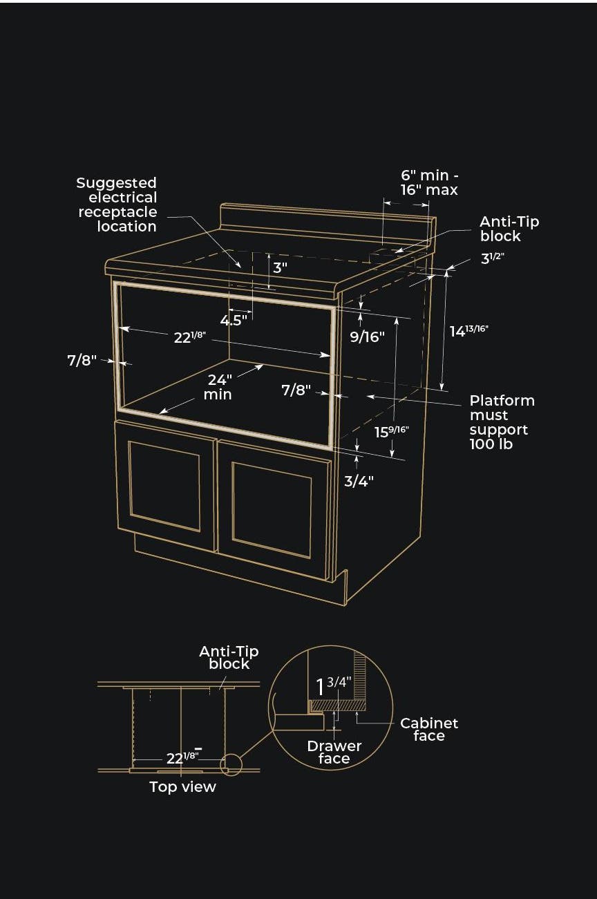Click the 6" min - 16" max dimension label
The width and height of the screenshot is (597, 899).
(429, 182)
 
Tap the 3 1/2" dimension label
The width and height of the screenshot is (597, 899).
(492, 258)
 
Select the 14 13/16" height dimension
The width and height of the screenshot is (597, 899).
(468, 331)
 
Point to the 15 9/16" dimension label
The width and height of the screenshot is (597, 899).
(392, 432)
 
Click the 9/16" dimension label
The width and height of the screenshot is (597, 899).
(367, 337)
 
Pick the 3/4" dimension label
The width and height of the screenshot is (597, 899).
(359, 481)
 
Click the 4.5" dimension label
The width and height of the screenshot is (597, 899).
(234, 320)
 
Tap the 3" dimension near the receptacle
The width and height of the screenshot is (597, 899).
(280, 267)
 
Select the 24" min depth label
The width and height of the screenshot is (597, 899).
(218, 387)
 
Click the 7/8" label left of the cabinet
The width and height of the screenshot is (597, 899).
(82, 361)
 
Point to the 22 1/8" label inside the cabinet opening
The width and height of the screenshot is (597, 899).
(190, 337)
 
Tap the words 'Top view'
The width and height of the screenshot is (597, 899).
(182, 787)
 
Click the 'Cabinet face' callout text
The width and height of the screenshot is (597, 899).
(429, 729)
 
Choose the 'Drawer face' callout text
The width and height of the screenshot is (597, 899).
(334, 753)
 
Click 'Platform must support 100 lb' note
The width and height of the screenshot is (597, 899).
(502, 422)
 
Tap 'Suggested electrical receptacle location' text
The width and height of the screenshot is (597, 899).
(117, 205)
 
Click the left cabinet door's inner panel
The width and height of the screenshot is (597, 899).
(164, 486)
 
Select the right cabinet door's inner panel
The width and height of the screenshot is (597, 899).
(272, 510)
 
